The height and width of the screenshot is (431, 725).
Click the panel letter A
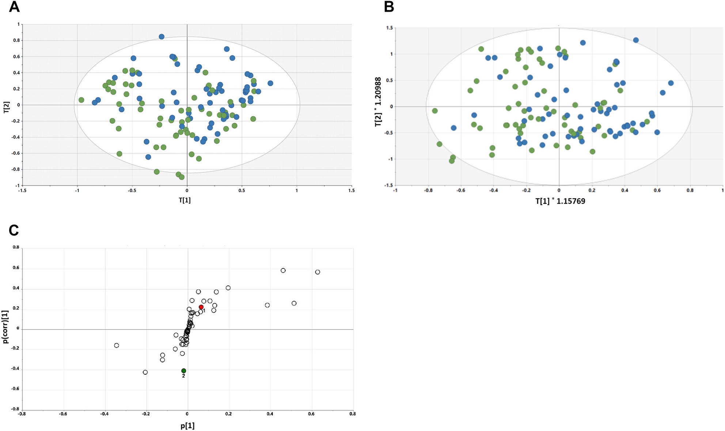(x=14, y=7)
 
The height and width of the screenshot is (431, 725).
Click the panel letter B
(x=389, y=7)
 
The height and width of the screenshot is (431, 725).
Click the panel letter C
(x=14, y=230)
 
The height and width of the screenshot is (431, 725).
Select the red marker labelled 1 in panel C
(x=201, y=307)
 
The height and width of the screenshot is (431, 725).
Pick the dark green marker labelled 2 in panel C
(x=184, y=371)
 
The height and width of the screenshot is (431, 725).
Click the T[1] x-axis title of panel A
(x=185, y=200)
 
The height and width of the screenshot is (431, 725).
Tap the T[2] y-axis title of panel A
(x=6, y=107)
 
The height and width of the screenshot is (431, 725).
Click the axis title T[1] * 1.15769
(x=560, y=201)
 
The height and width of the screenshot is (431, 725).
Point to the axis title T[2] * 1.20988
(x=378, y=102)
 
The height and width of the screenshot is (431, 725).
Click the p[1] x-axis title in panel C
(x=187, y=426)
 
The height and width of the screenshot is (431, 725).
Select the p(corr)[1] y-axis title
(x=5, y=327)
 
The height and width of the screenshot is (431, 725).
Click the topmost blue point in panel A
(x=162, y=37)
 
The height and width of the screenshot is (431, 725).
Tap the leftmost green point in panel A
(x=81, y=100)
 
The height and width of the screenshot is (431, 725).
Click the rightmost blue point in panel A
(x=270, y=83)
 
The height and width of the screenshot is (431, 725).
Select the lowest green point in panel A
(x=182, y=177)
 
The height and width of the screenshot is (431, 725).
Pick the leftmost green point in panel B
(x=435, y=111)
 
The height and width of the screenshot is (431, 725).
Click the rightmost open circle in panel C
(x=318, y=272)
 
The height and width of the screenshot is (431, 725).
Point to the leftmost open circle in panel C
(x=117, y=346)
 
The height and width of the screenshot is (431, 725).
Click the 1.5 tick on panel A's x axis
(x=351, y=190)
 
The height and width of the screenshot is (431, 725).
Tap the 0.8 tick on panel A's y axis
(x=16, y=41)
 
